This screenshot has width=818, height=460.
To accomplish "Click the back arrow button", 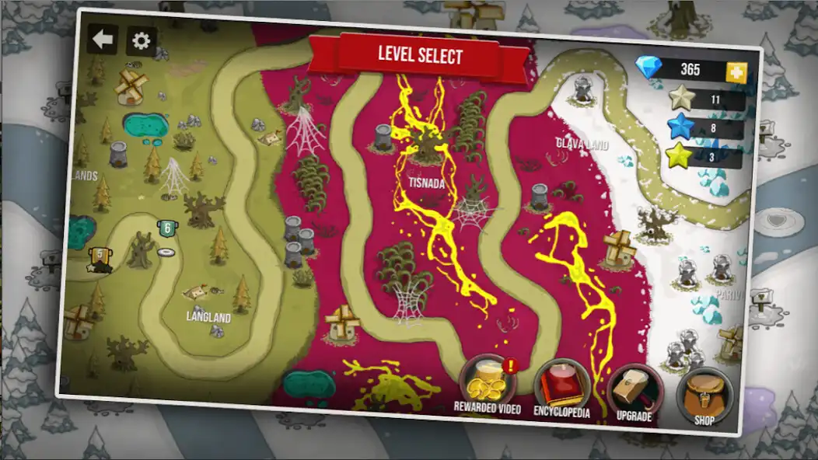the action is click(x=102, y=39).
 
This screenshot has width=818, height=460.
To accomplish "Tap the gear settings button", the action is click(x=142, y=41).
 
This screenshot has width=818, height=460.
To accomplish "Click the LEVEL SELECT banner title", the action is click(x=420, y=55).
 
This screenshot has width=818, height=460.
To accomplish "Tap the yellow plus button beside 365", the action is click(x=736, y=72).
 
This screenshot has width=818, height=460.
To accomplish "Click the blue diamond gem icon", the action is click(x=648, y=68).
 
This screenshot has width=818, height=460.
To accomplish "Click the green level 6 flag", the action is click(x=166, y=228).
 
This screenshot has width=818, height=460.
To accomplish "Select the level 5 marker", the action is click(x=99, y=257).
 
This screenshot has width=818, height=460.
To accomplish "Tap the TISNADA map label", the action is click(x=427, y=183).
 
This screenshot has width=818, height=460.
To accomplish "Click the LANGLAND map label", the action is click(x=208, y=317).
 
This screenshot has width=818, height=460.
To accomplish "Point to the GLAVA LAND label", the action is click(x=582, y=144).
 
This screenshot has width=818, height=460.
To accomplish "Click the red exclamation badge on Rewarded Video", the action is click(x=509, y=364).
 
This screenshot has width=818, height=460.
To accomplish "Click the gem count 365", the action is click(x=690, y=69).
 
